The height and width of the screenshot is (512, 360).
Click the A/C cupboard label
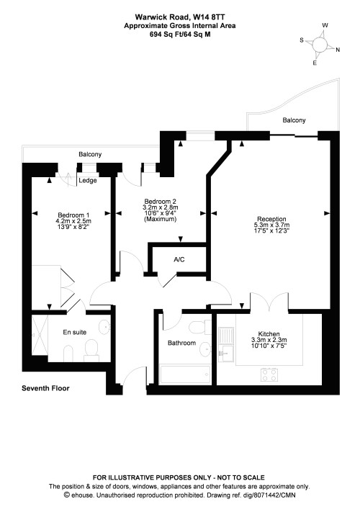179,259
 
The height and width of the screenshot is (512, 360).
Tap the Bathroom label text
181,343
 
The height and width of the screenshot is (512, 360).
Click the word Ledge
87,181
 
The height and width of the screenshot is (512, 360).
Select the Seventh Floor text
47,388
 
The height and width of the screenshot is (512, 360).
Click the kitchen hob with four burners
269,373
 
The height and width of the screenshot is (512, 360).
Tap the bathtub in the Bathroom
184,374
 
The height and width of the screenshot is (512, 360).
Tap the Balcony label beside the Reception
293,120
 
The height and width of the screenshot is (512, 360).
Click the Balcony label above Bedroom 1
89,154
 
